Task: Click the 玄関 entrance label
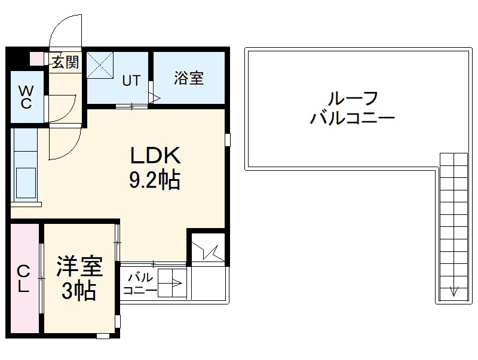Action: tap(65, 61)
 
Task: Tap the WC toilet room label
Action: tap(26, 97)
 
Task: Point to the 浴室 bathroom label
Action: tap(189, 78)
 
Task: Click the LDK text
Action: tap(155, 157)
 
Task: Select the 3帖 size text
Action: tap(79, 291)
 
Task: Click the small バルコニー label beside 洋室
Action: tap(140, 284)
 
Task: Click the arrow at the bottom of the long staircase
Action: tap(453, 292)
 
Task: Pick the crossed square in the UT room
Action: tap(100, 64)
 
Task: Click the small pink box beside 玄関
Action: tap(36, 59)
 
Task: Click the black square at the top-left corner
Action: tap(17, 59)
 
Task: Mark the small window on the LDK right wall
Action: tap(228, 140)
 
